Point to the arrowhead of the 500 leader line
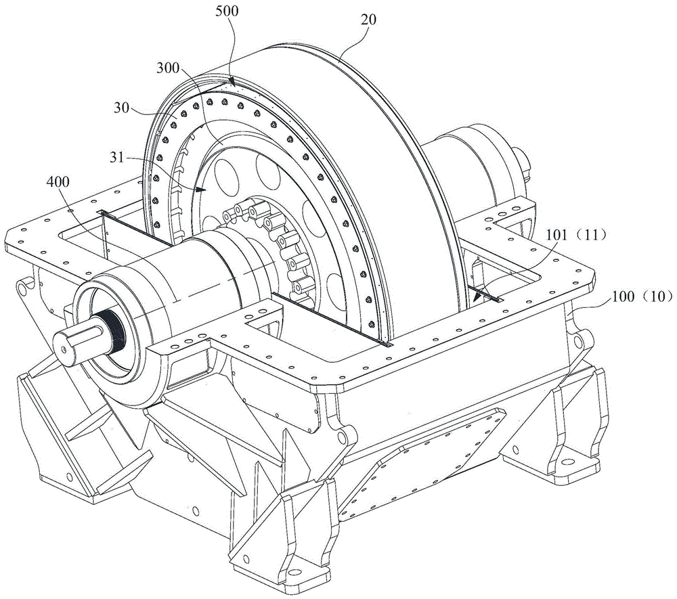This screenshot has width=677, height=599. pyautogui.click(x=232, y=83)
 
